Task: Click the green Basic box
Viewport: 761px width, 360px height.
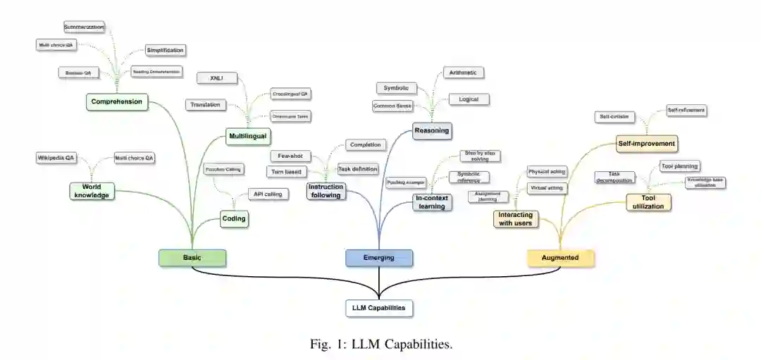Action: coord(192,258)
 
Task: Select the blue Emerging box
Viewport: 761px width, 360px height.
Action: coord(379,258)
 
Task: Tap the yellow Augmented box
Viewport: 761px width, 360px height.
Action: coord(561,258)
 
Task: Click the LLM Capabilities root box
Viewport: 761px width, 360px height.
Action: coord(379,308)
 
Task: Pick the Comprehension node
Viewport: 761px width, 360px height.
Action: coord(117,101)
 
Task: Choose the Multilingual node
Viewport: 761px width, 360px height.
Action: coord(249,136)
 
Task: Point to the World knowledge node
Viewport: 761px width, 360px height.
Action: coord(92,190)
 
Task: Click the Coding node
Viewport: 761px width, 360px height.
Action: coord(234,218)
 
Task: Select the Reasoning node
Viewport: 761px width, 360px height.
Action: coord(432,130)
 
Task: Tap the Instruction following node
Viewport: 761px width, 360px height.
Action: coord(326,191)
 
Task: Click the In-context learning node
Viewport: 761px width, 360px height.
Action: coord(431,202)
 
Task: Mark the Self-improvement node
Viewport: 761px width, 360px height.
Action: coord(646,144)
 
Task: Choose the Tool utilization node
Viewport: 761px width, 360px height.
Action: coord(648,202)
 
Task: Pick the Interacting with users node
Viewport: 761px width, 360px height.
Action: coord(515,219)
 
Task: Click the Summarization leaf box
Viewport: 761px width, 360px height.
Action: coord(84,27)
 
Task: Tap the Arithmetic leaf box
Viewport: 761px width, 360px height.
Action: coord(463,73)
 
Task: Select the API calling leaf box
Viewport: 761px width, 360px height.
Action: coord(268,194)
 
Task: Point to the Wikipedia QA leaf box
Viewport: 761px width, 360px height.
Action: coord(56,158)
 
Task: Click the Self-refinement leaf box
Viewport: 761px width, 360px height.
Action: coord(686,111)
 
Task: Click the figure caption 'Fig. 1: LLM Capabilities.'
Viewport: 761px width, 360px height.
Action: coord(380,345)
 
